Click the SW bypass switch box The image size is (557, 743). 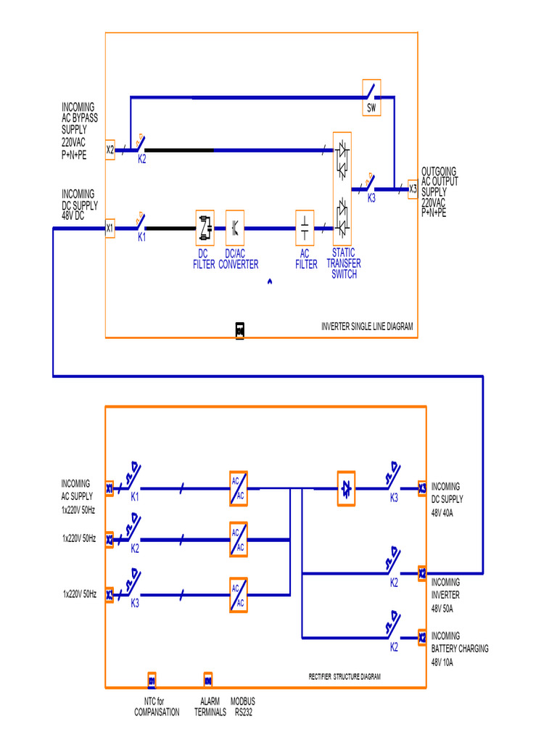(x=372, y=98)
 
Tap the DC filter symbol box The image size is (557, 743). (x=205, y=228)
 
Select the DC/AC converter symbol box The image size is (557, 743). (x=235, y=228)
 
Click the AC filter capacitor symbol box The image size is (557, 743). (x=305, y=228)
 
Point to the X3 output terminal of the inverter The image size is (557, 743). (x=413, y=189)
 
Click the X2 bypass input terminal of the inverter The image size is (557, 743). (x=110, y=149)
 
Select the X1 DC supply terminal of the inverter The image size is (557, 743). (x=110, y=228)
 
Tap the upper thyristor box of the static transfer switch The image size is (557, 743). (x=342, y=158)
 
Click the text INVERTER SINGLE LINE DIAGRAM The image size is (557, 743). (x=367, y=327)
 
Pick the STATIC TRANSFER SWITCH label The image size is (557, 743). (x=343, y=264)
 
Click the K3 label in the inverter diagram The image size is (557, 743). (x=371, y=197)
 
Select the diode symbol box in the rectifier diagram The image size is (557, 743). (x=346, y=488)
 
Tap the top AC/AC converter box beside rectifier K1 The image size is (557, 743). (x=239, y=488)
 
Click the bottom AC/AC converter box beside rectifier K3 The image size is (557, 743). (x=239, y=595)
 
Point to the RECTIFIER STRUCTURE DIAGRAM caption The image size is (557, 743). (x=344, y=676)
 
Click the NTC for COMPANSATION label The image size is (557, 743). (x=157, y=707)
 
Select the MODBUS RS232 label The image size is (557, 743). (x=243, y=707)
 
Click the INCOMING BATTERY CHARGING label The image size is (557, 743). (x=460, y=642)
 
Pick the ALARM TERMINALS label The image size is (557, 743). (x=210, y=707)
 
